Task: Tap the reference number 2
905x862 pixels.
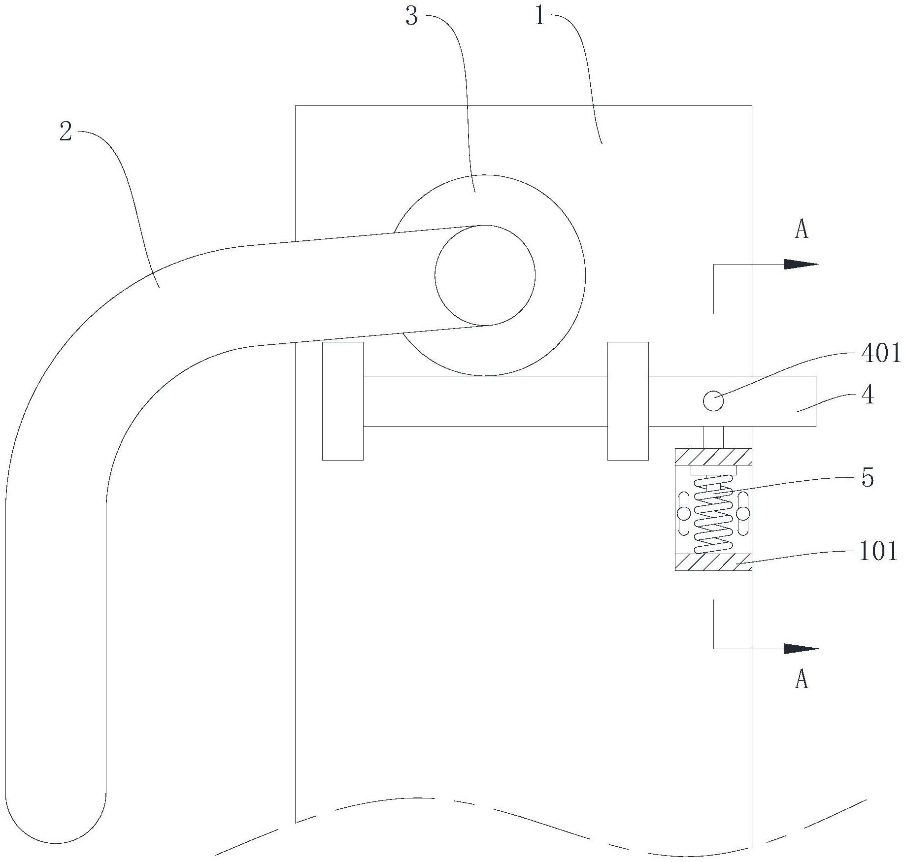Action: pos(66,132)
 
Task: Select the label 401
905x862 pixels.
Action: pos(880,354)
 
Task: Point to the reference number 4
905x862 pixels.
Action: pos(868,396)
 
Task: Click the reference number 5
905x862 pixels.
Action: pos(868,477)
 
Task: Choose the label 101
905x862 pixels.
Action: pos(878,552)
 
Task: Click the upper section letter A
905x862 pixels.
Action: pos(802,230)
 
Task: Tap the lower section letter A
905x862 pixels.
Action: pos(802,680)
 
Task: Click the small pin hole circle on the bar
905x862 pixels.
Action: pos(713,401)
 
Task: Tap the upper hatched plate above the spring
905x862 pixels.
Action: pos(713,456)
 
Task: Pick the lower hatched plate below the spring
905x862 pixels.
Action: pos(713,562)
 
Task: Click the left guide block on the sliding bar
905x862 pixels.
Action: pos(343,401)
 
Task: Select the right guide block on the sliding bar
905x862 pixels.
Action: pos(628,401)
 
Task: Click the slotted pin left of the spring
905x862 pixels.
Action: pos(684,514)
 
